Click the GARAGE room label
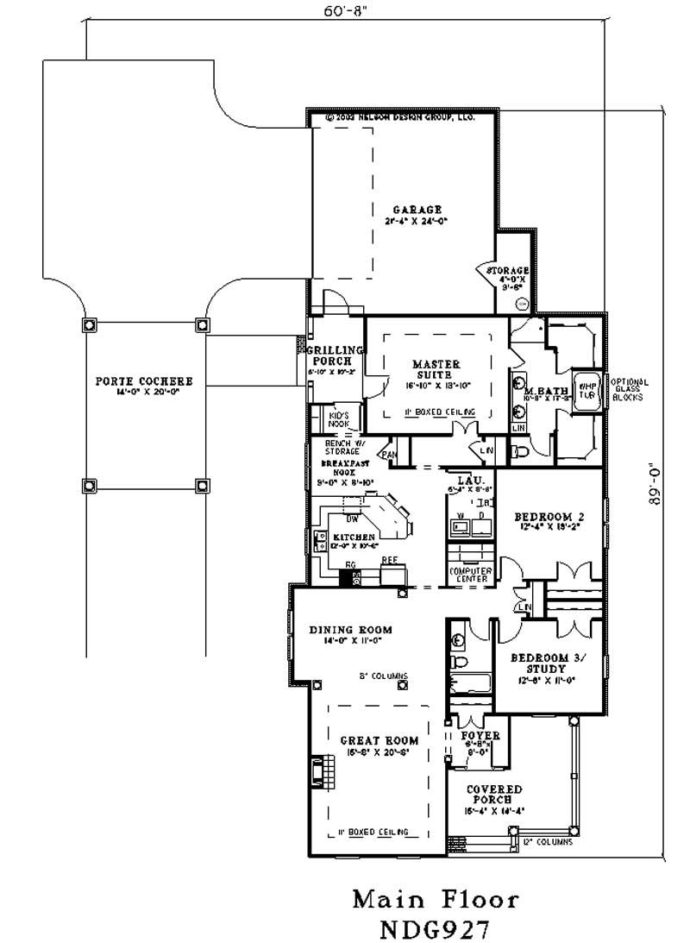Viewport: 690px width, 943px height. (x=417, y=210)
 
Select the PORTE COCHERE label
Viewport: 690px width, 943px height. (x=144, y=380)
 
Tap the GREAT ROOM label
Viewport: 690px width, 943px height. (x=379, y=740)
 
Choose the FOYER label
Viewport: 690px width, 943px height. (x=480, y=735)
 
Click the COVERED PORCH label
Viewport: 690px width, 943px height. (x=494, y=795)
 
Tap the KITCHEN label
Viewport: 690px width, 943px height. (x=354, y=537)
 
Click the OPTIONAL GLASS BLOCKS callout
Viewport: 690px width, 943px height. (x=630, y=390)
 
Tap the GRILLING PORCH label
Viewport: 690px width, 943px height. (x=336, y=355)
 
